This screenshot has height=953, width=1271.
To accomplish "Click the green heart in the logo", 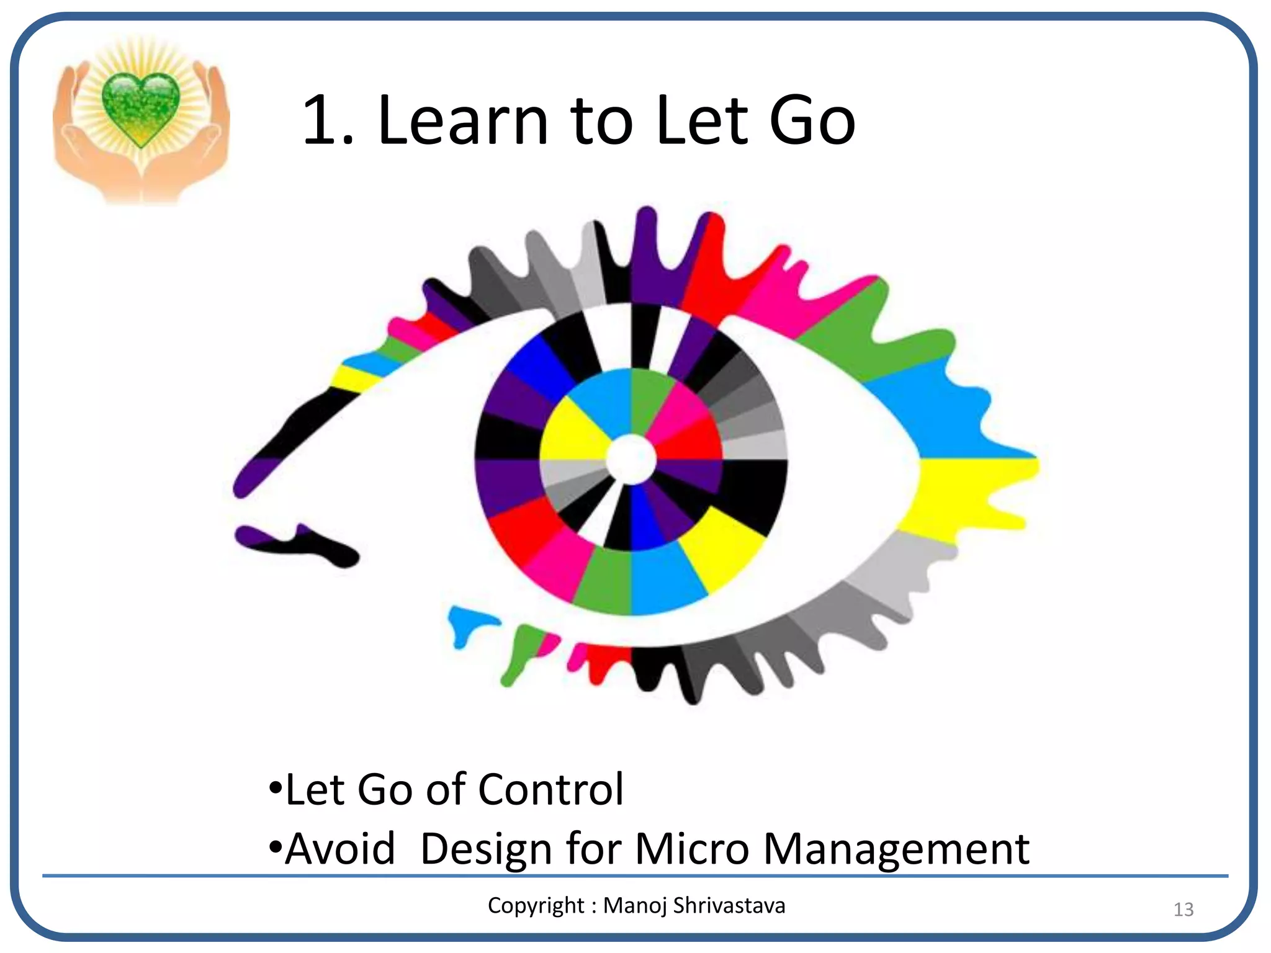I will coord(141,107).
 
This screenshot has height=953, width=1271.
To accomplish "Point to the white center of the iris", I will coord(631,459).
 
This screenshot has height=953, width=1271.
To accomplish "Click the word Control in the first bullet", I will coord(550,790).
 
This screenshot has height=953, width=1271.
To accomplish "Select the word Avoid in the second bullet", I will coord(340,849).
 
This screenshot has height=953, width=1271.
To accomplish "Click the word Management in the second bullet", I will coord(896,849).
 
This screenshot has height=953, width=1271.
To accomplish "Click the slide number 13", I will coord(1183,910).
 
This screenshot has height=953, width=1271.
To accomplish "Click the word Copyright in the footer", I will coord(536,906).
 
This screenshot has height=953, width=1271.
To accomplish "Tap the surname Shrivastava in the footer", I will coord(729,906).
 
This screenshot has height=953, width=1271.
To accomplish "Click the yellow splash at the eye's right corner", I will coord(968,490).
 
